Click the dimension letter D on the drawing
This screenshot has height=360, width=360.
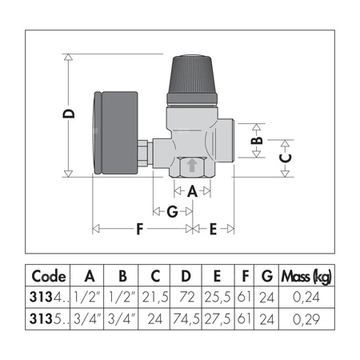(70, 114)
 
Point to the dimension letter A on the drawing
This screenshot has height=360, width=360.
(191, 192)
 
